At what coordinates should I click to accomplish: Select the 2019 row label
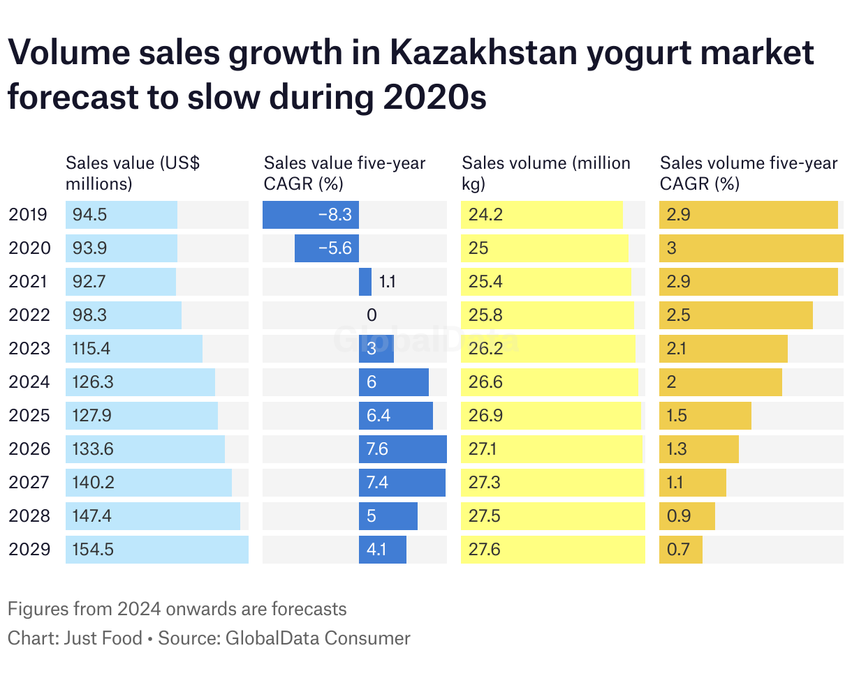click(x=28, y=215)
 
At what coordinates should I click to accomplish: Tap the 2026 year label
click(x=29, y=449)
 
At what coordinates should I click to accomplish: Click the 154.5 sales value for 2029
click(x=93, y=550)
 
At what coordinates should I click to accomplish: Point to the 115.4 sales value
click(x=91, y=349)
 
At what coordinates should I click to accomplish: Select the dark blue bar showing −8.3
click(x=311, y=215)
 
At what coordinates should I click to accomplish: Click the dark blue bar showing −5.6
click(x=326, y=248)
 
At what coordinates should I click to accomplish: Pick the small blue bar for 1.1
click(x=365, y=282)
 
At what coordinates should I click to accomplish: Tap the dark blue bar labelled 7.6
click(x=403, y=449)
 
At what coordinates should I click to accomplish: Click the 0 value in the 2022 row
click(x=372, y=315)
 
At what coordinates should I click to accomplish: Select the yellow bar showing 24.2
click(x=541, y=215)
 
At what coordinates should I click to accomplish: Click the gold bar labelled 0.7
click(x=681, y=550)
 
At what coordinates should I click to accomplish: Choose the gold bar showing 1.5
click(x=705, y=416)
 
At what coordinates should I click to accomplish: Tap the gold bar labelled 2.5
click(x=736, y=315)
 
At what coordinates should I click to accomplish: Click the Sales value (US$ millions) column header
click(x=133, y=173)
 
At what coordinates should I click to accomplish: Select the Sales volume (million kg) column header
click(x=546, y=173)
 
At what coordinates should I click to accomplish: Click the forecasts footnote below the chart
click(x=177, y=609)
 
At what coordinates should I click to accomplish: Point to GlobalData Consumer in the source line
click(x=318, y=638)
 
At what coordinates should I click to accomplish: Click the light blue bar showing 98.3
click(x=124, y=315)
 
